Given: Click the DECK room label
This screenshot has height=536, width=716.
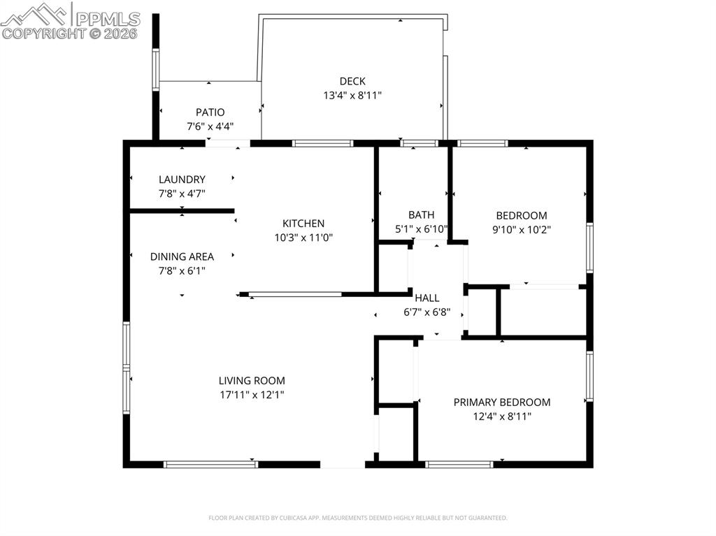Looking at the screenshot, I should (352, 82).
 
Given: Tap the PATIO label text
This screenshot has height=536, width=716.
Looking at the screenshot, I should (210, 112).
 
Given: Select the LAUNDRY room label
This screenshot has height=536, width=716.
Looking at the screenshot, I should (182, 180).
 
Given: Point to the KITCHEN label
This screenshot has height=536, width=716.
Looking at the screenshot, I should (303, 224).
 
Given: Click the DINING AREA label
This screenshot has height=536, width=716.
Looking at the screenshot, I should (182, 257).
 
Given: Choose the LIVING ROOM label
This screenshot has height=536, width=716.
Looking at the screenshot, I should (252, 381).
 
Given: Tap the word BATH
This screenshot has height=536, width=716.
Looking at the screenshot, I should (422, 215).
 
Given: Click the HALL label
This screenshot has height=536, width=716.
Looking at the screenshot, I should (427, 298).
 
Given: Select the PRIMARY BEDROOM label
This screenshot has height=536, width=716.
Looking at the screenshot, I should (502, 403).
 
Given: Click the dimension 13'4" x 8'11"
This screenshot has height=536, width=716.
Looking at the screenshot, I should (352, 96).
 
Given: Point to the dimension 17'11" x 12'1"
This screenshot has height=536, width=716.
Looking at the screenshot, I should (252, 395).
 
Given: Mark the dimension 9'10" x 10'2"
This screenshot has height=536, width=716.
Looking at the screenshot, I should (522, 229).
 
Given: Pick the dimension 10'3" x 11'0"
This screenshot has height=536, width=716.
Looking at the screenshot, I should (303, 238).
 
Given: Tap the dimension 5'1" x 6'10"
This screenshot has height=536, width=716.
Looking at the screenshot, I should (422, 229).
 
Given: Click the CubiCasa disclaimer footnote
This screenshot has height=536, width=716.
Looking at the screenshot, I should (358, 518).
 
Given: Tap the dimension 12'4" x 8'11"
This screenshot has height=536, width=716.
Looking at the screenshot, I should (502, 417).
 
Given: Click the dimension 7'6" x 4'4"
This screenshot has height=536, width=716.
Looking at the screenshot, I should (210, 126).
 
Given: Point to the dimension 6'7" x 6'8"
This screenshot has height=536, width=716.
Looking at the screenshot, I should (427, 313).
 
